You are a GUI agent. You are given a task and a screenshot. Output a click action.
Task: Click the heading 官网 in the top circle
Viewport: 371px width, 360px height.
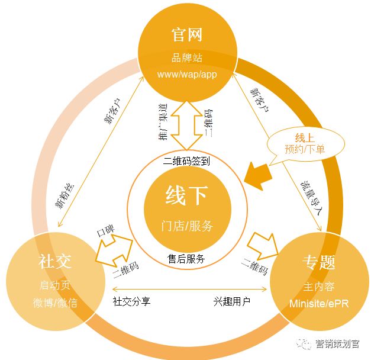click(186, 34)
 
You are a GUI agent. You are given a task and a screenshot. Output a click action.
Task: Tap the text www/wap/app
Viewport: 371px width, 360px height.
click(186, 75)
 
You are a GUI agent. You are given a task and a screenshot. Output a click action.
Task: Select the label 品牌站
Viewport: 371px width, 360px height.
click(186, 59)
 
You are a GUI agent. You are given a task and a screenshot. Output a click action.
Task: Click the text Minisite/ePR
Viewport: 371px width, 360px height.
click(320, 303)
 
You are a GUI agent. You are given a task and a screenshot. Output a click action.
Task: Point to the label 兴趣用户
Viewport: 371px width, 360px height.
click(232, 301)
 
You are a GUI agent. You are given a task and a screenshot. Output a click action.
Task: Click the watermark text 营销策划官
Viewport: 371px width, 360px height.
click(337, 343)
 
